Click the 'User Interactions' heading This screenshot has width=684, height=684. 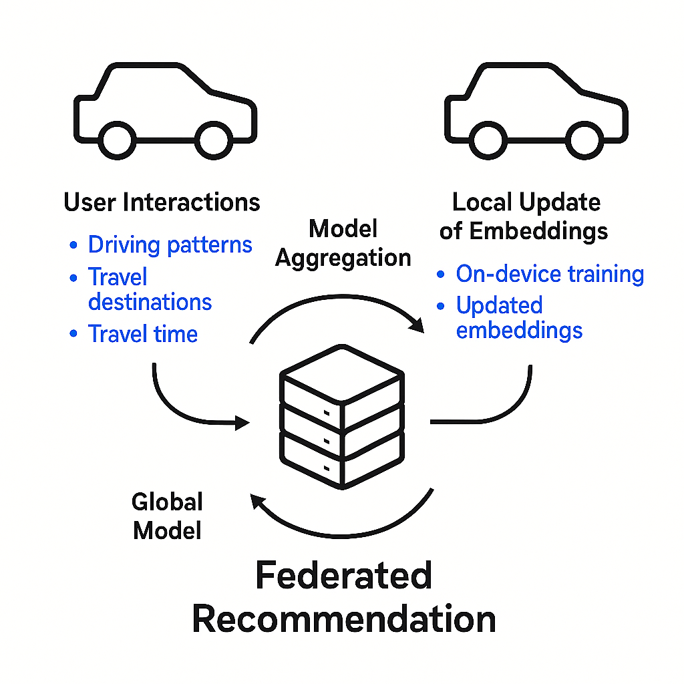coord(162,202)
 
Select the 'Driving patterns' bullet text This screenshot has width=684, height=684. coord(170,244)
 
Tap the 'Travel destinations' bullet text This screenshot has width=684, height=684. coord(150,289)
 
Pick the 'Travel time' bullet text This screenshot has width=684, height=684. coord(143,333)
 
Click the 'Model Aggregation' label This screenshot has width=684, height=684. coord(343,244)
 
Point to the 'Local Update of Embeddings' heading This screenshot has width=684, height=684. coord(524,216)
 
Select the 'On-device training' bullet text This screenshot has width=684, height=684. coord(550,274)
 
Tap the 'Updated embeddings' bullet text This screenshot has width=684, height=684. coord(519,317)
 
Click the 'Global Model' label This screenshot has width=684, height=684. coord(167,516)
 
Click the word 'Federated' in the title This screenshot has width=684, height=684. coord(343,576)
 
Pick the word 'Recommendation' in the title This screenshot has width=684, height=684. coord(343,619)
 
